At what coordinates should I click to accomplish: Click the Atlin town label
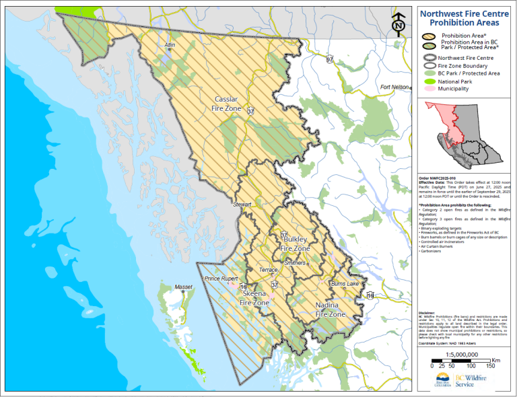pyautogui.click(x=170, y=45)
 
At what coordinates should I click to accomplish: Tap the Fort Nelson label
pyautogui.click(x=394, y=87)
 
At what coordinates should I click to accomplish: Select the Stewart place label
pyautogui.click(x=242, y=203)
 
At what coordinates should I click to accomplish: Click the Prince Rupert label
pyautogui.click(x=221, y=279)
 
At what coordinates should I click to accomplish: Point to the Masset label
pyautogui.click(x=183, y=287)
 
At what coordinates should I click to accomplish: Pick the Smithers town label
pyautogui.click(x=296, y=262)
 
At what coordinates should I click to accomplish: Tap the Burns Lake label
pyautogui.click(x=344, y=285)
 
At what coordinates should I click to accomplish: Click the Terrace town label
pyautogui.click(x=269, y=270)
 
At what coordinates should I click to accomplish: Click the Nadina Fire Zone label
pyautogui.click(x=331, y=310)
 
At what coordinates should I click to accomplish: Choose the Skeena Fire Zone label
pyautogui.click(x=254, y=299)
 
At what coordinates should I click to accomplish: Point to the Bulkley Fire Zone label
pyautogui.click(x=296, y=244)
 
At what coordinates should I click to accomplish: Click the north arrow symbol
pyautogui.click(x=398, y=25)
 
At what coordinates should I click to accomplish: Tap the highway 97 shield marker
pyautogui.click(x=329, y=60)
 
